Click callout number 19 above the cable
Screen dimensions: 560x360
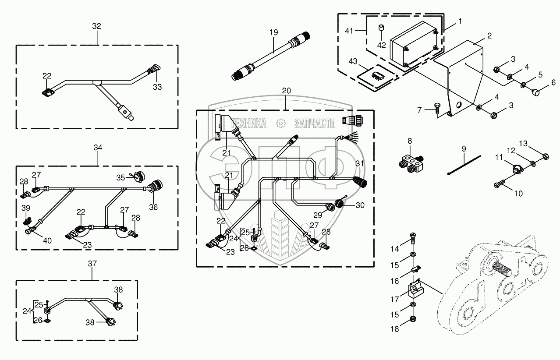pyautogui.click(x=274, y=32)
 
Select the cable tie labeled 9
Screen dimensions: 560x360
pyautogui.click(x=464, y=165)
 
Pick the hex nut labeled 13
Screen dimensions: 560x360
pyautogui.click(x=546, y=156)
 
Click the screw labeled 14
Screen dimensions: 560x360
pyautogui.click(x=414, y=239)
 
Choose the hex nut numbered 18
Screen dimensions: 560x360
pyautogui.click(x=413, y=319)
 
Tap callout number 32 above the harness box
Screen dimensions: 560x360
pyautogui.click(x=96, y=26)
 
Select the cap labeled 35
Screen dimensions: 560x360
pyautogui.click(x=139, y=176)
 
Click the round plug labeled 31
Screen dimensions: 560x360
pyautogui.click(x=360, y=181)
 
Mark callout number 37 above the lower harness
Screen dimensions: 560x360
pyautogui.click(x=92, y=264)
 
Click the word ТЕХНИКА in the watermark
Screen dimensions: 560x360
pyautogui.click(x=249, y=124)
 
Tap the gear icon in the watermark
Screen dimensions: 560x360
pyautogui.click(x=281, y=124)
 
